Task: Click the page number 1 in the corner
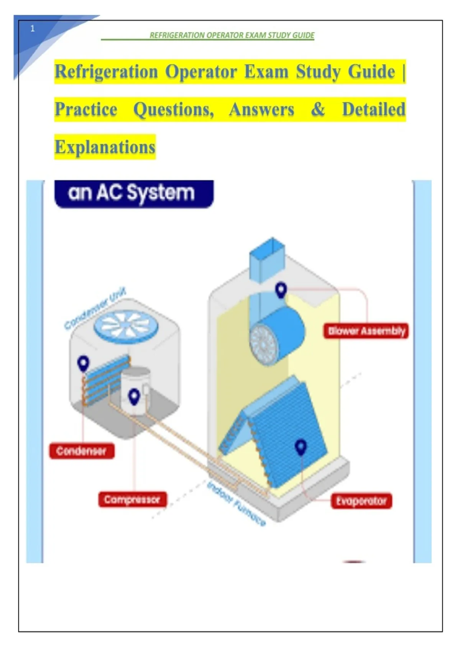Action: point(32,28)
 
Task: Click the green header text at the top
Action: point(232,36)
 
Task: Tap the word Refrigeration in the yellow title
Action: point(107,72)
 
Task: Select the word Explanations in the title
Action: point(105,147)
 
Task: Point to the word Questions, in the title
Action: point(174,110)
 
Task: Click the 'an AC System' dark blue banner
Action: point(134,193)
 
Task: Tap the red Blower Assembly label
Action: point(366,331)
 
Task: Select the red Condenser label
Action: point(82,451)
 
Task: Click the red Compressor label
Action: point(132,500)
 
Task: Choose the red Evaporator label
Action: point(361,501)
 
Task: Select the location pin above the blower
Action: point(281,290)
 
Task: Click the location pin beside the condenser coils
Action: point(83,363)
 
